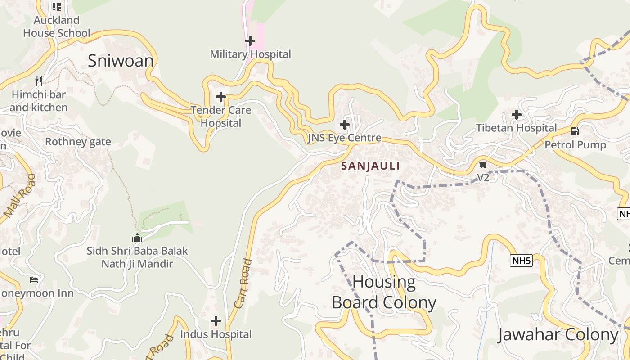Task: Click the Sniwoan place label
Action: [121, 61]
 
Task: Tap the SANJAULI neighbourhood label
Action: [370, 166]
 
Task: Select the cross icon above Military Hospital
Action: [250, 41]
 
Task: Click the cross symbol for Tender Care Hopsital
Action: [220, 97]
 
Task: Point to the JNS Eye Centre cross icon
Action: [345, 125]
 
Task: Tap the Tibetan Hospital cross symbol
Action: [517, 115]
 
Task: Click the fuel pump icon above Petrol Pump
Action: [575, 131]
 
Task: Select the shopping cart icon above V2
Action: [483, 164]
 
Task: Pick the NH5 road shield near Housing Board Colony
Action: [521, 260]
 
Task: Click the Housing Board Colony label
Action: [384, 292]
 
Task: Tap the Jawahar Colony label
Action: [558, 335]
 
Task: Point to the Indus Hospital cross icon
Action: [216, 321]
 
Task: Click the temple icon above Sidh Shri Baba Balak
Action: [137, 238]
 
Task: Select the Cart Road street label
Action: [242, 283]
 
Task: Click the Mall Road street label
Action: [19, 196]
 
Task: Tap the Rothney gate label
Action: [78, 142]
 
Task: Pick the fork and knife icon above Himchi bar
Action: [39, 81]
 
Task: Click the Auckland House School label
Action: [57, 27]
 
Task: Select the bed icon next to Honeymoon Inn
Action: [34, 280]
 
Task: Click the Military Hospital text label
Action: [251, 54]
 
